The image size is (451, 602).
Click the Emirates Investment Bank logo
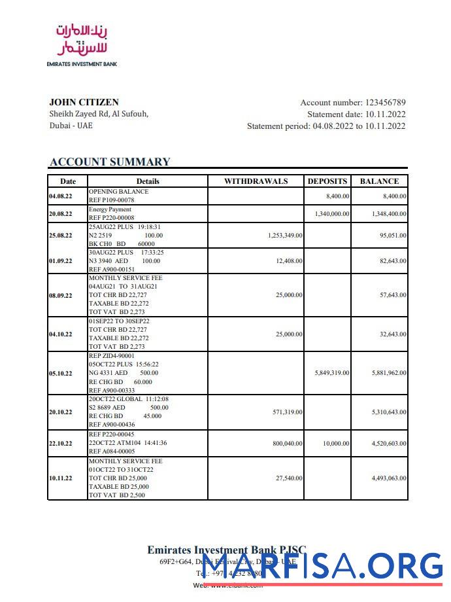click(82, 44)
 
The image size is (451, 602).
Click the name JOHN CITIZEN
click(84, 102)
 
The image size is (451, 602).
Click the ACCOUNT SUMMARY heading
click(110, 162)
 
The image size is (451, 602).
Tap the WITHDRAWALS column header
click(256, 181)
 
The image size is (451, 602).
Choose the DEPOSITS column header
click(327, 181)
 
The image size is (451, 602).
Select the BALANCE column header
click(379, 181)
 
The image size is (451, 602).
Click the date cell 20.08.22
click(61, 214)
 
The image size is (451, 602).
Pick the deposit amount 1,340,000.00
click(331, 214)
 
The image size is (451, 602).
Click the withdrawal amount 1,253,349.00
click(285, 236)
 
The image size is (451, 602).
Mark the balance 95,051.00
click(393, 236)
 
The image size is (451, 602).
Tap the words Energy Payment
click(110, 209)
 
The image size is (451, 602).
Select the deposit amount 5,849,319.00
click(331, 373)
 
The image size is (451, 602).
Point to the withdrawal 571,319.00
click(287, 412)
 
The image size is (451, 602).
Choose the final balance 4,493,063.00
click(389, 479)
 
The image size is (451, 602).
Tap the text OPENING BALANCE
click(118, 192)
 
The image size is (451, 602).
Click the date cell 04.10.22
click(61, 334)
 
